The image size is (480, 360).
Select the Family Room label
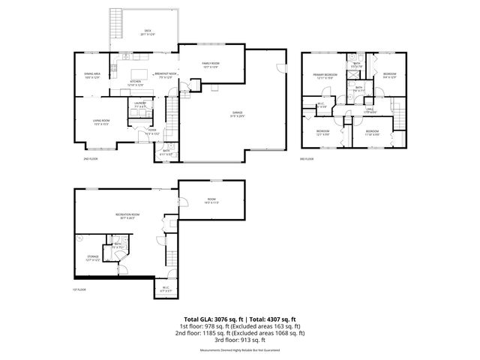[x=211, y=65]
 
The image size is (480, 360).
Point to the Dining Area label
[x=92, y=74]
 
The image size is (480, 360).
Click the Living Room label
[x=101, y=121]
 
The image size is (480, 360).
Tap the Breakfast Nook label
[x=165, y=74]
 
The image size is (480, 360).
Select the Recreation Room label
[x=124, y=217]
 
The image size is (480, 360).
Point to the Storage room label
[x=93, y=259]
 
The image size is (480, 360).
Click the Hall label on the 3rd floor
[x=370, y=110]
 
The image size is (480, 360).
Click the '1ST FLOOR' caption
[x=80, y=289]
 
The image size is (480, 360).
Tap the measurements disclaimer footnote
[x=240, y=350]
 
